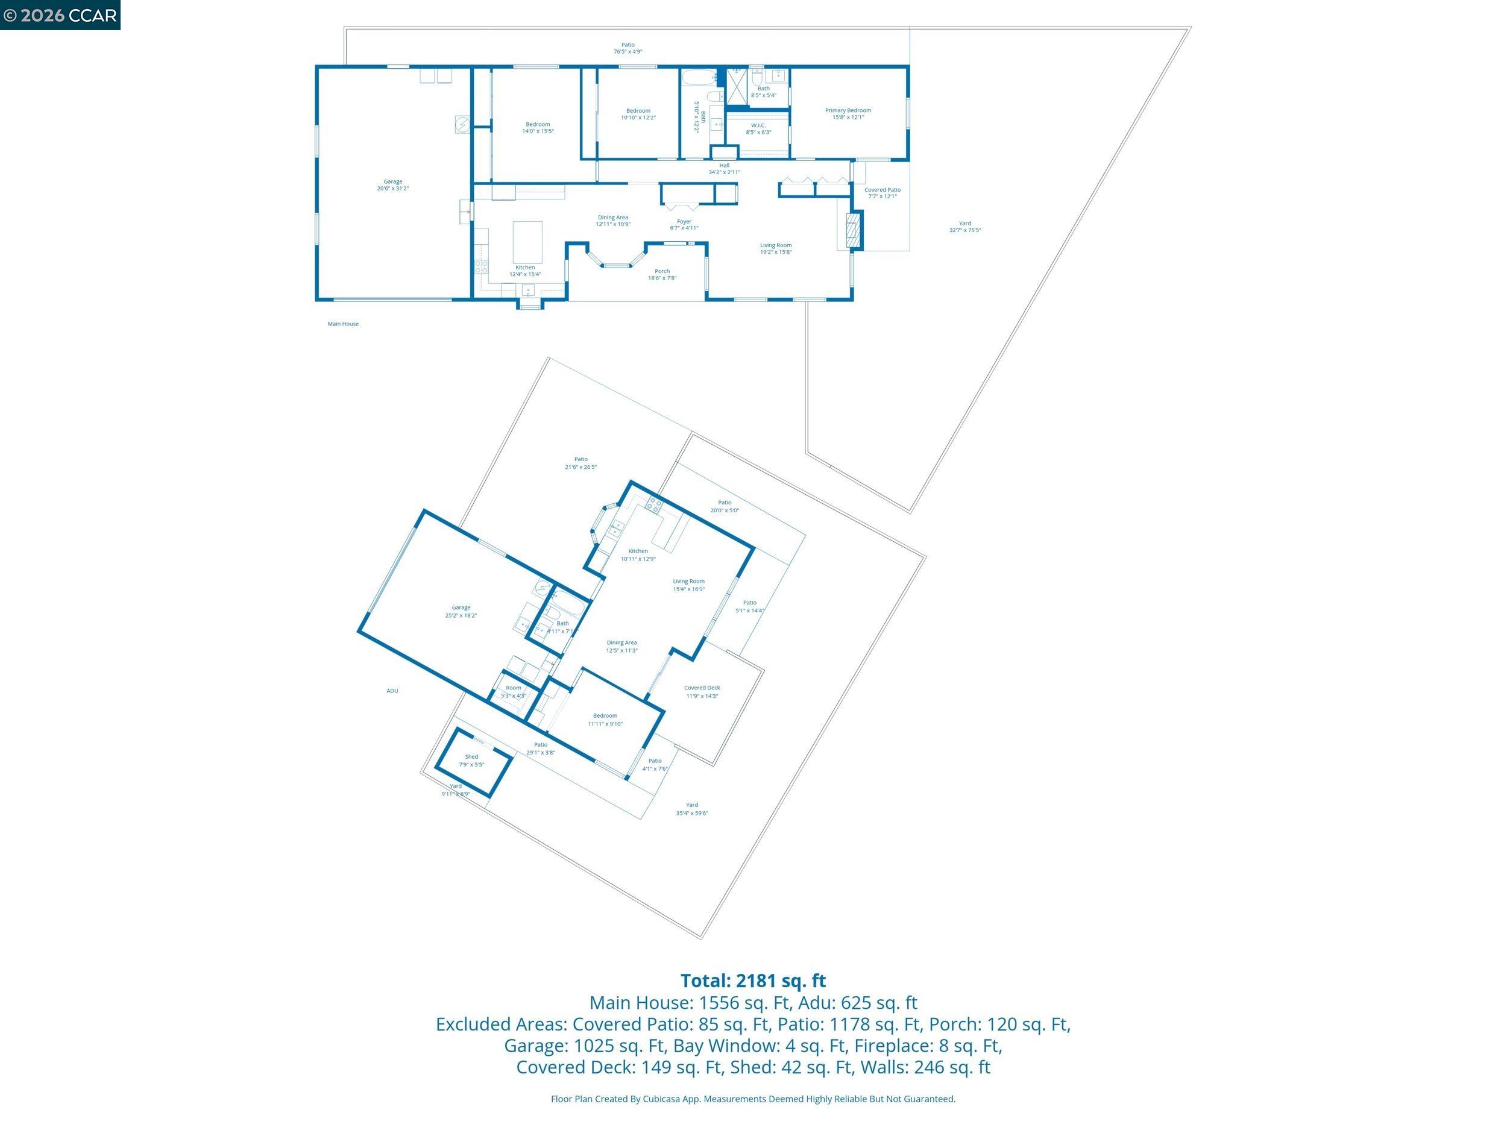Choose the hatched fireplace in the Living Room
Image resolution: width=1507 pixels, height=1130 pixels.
point(852,230)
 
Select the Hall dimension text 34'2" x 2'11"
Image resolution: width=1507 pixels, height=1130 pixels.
point(723,172)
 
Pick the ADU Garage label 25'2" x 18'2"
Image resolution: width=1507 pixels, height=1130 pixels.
point(461,612)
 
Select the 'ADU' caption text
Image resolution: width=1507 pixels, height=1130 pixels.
point(392,691)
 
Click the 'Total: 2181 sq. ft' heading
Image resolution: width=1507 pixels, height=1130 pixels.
point(753,981)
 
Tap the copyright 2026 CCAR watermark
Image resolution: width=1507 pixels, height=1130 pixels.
point(60,15)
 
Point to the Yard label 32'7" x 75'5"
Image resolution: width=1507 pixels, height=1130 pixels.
point(964,227)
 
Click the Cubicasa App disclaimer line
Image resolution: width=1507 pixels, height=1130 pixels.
point(753,1099)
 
